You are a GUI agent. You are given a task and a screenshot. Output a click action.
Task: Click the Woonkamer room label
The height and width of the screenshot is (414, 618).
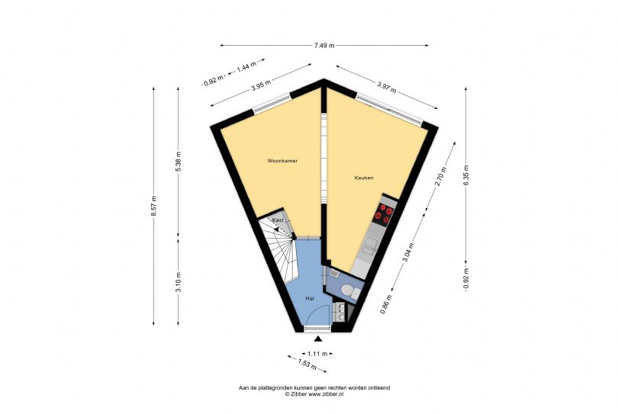(x=282, y=162)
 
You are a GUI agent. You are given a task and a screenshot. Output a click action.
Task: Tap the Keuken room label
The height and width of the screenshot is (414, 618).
(x=364, y=178)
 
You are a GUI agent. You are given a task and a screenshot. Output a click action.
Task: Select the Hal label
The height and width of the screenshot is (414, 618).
(x=311, y=298)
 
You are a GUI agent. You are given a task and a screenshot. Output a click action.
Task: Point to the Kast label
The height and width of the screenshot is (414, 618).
(x=278, y=220)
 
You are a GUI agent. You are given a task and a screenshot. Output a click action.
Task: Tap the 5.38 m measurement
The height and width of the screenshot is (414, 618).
(x=178, y=160)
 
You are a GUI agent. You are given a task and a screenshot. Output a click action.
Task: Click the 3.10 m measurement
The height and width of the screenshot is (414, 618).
(x=178, y=281)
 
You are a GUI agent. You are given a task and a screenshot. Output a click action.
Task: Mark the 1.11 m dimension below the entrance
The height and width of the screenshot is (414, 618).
(x=317, y=354)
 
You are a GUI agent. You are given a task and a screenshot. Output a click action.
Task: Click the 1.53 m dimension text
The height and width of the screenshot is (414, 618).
(x=307, y=364)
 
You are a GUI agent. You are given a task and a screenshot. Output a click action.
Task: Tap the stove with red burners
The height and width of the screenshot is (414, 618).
(x=386, y=212)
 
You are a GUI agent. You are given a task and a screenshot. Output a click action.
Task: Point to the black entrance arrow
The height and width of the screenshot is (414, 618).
(x=317, y=338)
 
